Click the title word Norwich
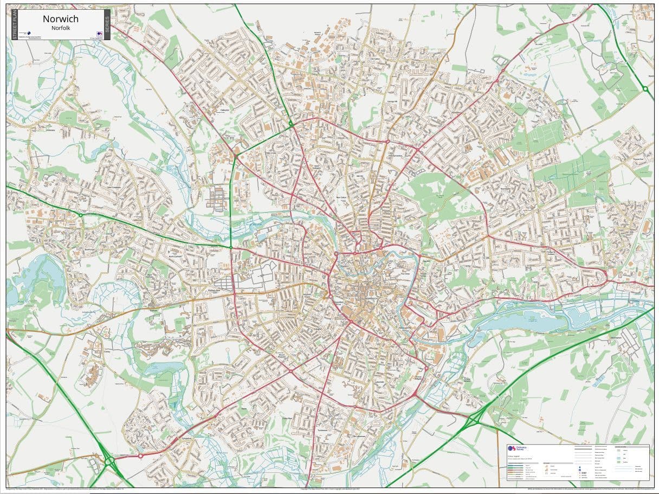61,19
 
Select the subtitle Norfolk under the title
61,28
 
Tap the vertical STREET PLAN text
15,24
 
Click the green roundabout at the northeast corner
645,88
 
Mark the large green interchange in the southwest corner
110,461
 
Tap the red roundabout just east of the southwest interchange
140,456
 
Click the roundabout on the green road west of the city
81,215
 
